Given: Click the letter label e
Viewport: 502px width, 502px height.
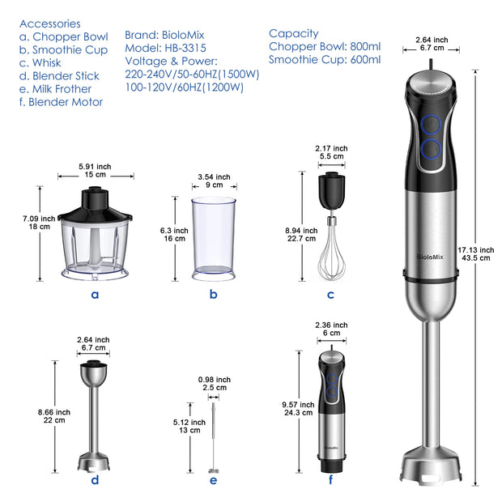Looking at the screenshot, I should pyautogui.click(x=213, y=481).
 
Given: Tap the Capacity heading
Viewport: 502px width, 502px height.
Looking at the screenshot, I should pyautogui.click(x=294, y=34).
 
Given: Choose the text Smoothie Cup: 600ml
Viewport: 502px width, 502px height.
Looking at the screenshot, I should pyautogui.click(x=325, y=59).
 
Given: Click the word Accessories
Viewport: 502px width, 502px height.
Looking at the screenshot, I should pyautogui.click(x=50, y=23).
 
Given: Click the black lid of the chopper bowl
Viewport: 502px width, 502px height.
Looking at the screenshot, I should pyautogui.click(x=95, y=207).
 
